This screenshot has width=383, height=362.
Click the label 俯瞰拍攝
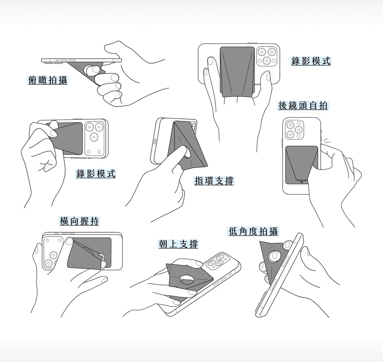coord(47,80)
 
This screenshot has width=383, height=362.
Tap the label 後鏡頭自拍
coord(303,105)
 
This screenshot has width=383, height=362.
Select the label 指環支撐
coord(214,181)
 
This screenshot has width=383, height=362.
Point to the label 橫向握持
coord(79,221)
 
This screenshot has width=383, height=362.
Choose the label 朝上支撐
coord(178,244)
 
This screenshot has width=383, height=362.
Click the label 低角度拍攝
coord(253,231)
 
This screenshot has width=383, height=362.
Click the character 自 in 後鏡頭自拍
coord(313,105)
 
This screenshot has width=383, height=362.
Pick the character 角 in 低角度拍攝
coord(243,231)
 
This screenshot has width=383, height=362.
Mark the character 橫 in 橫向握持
coord(64,221)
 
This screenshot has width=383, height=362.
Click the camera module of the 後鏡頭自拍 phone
coord(294,129)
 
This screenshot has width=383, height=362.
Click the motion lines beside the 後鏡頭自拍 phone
coord(326,140)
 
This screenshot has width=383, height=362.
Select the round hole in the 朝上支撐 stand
coord(187,280)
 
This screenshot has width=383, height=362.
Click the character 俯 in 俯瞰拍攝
coord(32,80)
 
